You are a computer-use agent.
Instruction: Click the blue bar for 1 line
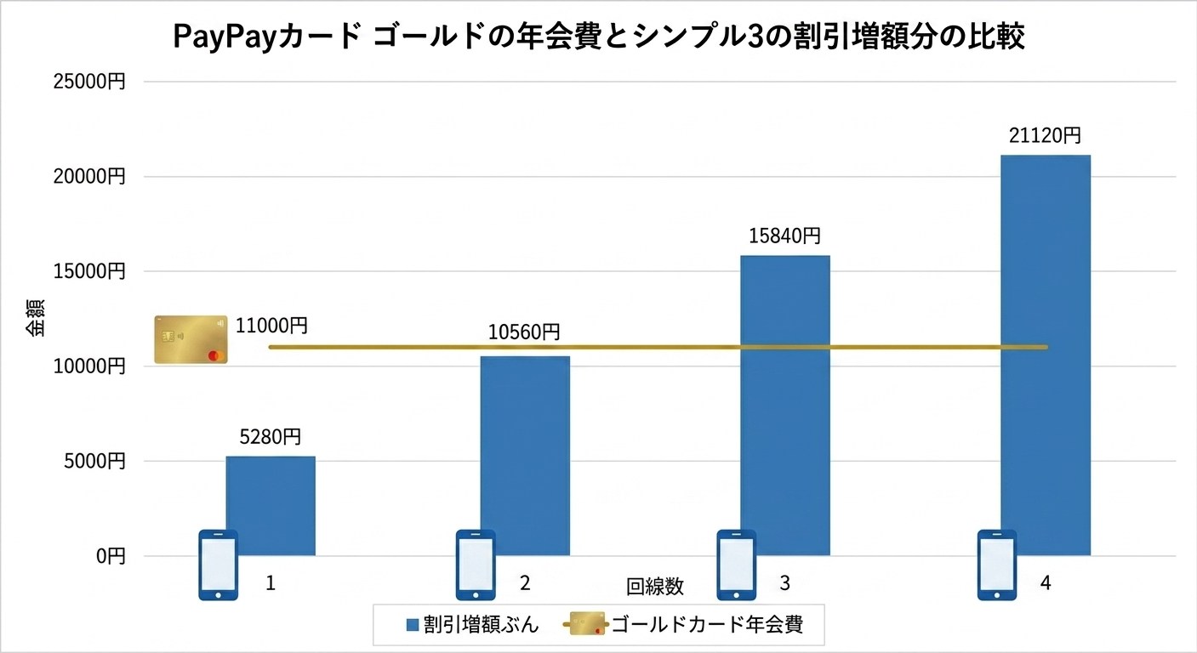pos(271,502)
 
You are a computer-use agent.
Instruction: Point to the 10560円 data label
pos(524,332)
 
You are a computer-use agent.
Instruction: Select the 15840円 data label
pos(784,236)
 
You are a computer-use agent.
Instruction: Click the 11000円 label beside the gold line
pos(272,325)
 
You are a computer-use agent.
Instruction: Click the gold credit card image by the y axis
pos(191,339)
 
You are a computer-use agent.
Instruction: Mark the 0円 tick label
pos(111,556)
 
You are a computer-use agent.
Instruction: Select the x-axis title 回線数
pos(655,587)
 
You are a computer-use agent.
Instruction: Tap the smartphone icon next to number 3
pos(736,565)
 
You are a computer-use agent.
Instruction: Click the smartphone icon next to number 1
pos(218,565)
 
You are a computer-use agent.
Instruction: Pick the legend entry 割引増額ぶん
pos(472,626)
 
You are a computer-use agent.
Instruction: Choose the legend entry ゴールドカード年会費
pos(706,626)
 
